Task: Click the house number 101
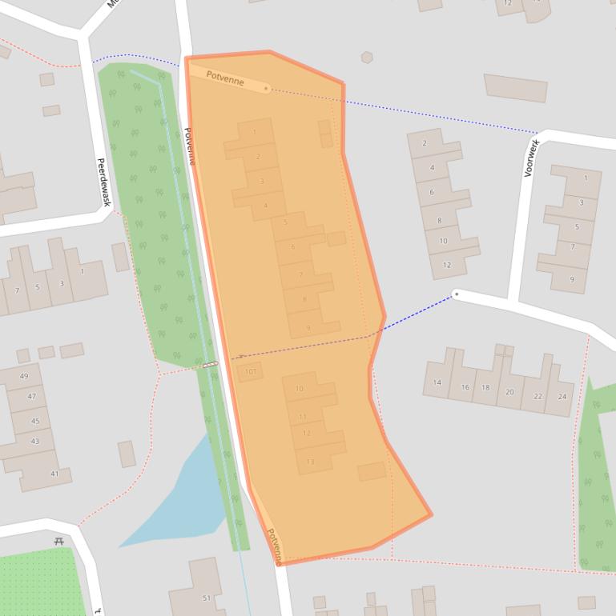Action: (251, 371)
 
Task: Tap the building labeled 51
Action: (206, 598)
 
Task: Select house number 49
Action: (24, 376)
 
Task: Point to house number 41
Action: (54, 474)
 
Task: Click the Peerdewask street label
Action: (103, 182)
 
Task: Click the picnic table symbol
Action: (58, 542)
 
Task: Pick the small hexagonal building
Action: (366, 58)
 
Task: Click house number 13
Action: (310, 462)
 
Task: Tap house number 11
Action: (302, 416)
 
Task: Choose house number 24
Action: (562, 396)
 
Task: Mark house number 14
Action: (437, 382)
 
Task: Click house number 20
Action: (509, 392)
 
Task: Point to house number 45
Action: (34, 421)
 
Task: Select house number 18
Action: (485, 388)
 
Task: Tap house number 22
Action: (537, 396)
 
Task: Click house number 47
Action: (31, 396)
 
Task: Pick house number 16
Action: (465, 386)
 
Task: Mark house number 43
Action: (34, 441)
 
